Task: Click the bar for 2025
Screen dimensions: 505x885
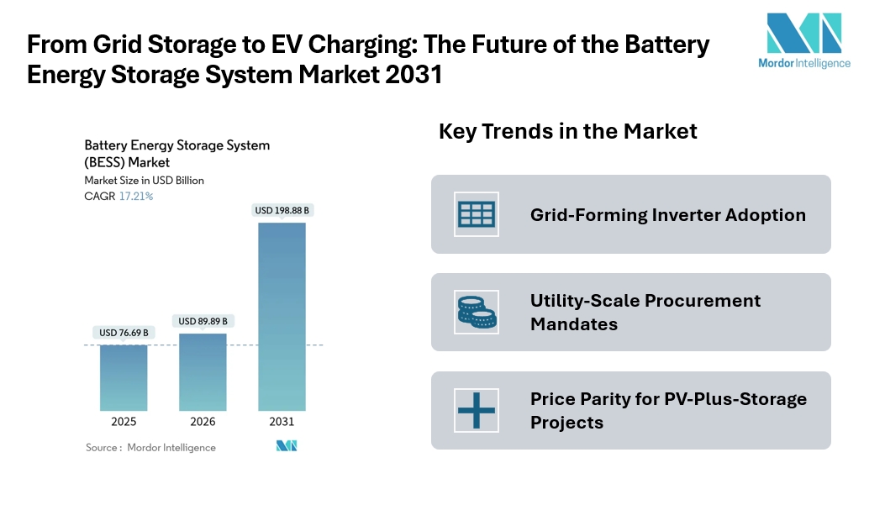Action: [x=124, y=377]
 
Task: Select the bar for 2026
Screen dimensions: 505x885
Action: [x=203, y=371]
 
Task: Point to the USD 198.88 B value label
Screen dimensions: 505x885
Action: [x=282, y=210]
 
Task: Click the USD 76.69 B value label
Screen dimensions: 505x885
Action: [x=124, y=333]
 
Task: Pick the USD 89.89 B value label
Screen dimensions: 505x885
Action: [x=203, y=321]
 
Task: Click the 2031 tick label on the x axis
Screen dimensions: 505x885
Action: [x=282, y=422]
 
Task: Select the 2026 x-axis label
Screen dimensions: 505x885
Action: [x=203, y=422]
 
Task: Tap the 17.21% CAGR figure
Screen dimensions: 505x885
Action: [x=136, y=196]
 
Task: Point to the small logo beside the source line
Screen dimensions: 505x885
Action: [x=287, y=446]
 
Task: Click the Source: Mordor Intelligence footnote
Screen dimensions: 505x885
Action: [x=150, y=448]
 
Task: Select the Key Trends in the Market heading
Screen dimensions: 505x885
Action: [x=568, y=131]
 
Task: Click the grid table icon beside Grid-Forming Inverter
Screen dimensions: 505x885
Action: [x=477, y=214]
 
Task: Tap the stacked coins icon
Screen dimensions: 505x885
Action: [x=477, y=312]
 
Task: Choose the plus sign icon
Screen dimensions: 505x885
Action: [x=477, y=410]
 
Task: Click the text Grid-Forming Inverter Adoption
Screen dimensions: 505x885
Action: [x=667, y=215]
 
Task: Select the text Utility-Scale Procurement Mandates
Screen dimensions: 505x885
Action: [x=645, y=312]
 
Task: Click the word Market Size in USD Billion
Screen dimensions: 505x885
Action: [x=144, y=180]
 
